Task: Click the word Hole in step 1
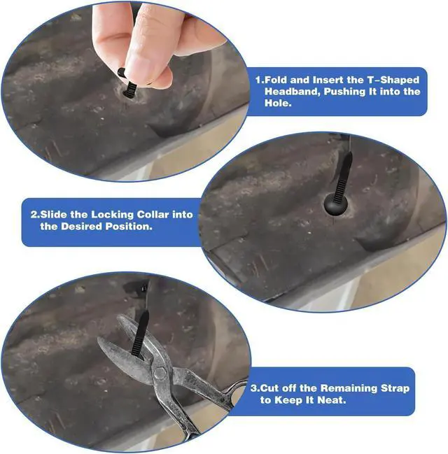click(278, 103)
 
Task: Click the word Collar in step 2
click(153, 215)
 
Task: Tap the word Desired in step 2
click(81, 226)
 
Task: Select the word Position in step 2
click(128, 226)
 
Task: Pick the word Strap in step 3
click(395, 388)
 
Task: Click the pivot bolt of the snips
click(160, 373)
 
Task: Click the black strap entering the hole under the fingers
click(129, 87)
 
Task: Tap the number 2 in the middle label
click(34, 215)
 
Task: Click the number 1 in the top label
click(258, 80)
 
